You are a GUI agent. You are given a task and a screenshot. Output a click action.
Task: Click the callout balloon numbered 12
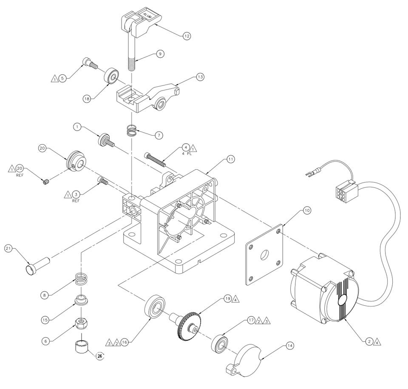click(x=186, y=36)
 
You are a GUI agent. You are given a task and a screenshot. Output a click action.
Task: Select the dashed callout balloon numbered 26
click(x=100, y=356)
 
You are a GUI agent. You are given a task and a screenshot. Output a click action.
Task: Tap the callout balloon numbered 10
click(x=307, y=210)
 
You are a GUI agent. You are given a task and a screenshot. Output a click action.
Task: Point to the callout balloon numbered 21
click(x=8, y=249)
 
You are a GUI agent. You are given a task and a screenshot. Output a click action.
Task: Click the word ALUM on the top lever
click(x=147, y=16)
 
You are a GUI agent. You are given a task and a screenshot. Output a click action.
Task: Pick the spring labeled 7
click(x=132, y=130)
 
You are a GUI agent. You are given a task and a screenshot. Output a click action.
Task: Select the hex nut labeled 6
click(x=82, y=323)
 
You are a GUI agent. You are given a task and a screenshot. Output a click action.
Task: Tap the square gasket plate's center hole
click(x=265, y=254)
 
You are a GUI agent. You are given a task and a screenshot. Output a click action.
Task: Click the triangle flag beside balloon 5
click(x=55, y=78)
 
